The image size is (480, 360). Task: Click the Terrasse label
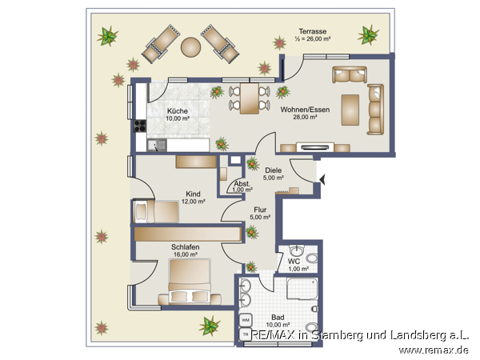(313, 31)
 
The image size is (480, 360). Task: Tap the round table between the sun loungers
(190, 47)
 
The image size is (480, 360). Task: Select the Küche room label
(178, 111)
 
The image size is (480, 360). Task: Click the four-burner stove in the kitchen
(140, 126)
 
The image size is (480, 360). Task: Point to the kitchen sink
(157, 145)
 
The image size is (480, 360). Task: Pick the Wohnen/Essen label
(306, 110)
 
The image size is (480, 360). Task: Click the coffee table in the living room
(350, 110)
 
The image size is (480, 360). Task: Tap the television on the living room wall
(315, 147)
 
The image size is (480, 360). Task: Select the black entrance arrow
(322, 179)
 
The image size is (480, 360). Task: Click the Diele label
(274, 170)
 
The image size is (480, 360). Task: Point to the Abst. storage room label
(242, 184)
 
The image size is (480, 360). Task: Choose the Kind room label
(193, 194)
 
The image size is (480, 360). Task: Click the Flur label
(260, 210)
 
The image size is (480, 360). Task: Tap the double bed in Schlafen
(190, 282)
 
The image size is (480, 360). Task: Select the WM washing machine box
(246, 320)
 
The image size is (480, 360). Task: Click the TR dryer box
(246, 334)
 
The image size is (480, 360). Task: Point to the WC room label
(294, 262)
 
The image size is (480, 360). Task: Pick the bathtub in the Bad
(302, 289)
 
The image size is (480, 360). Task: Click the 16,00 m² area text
(186, 254)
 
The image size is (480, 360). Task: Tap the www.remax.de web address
(434, 350)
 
